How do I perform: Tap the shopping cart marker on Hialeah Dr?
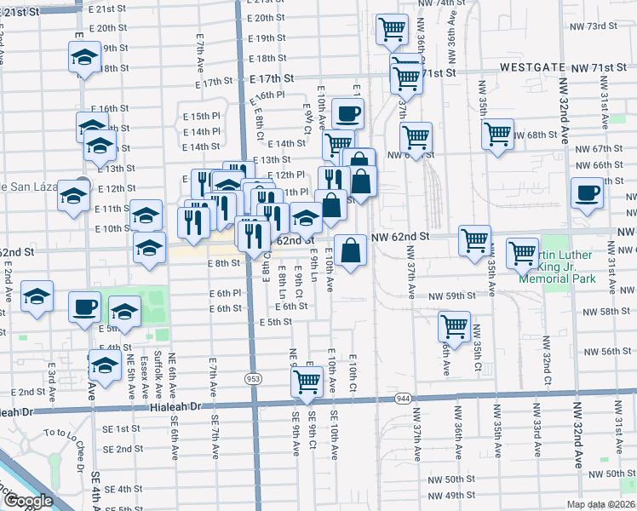point(307,384)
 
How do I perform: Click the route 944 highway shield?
point(403,398)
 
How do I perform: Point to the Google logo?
point(28,501)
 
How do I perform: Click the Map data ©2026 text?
point(601,502)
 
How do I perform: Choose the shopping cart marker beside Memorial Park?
point(522,254)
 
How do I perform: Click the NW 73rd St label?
point(593,26)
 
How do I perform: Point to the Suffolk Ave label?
point(159,373)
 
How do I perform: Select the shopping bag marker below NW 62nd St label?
point(350,251)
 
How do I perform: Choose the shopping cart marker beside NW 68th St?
point(497,134)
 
